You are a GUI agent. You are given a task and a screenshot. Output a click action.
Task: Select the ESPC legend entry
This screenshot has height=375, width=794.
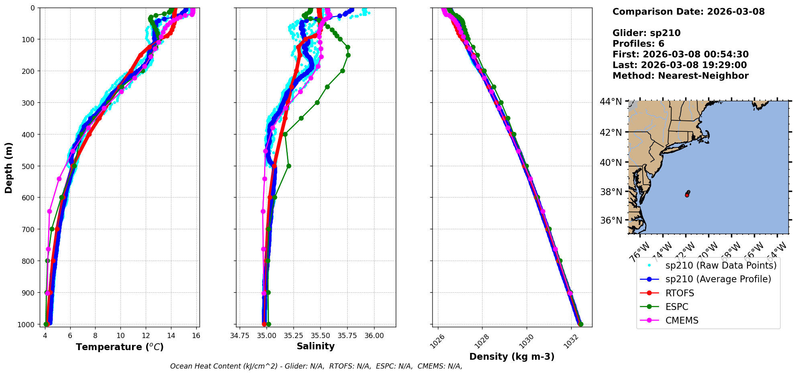676,307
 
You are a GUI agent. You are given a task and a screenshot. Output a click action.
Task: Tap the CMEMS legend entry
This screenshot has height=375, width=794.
682,320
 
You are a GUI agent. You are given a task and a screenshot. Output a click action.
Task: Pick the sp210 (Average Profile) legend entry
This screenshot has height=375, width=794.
718,279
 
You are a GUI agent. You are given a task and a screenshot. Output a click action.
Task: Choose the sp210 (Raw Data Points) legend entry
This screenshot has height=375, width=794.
721,265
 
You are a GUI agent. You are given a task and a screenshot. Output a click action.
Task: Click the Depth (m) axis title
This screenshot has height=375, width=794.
9,167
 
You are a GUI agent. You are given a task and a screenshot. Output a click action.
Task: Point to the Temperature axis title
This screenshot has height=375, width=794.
120,347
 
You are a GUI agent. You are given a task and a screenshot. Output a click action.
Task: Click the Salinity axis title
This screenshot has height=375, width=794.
316,346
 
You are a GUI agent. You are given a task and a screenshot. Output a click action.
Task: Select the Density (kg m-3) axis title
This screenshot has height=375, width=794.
512,357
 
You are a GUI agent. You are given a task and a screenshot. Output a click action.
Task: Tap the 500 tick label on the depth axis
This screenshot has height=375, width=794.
29,166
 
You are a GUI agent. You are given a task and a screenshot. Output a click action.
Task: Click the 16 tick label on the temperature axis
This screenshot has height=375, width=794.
196,336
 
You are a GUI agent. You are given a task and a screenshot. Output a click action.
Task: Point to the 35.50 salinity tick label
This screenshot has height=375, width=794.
320,336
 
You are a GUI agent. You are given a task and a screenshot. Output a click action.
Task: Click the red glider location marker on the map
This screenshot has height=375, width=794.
687,195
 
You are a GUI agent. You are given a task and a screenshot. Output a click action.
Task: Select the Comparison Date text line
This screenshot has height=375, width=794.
688,12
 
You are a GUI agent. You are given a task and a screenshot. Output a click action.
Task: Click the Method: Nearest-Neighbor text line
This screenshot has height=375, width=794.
680,76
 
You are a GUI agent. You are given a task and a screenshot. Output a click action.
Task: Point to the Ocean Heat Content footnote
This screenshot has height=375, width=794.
316,366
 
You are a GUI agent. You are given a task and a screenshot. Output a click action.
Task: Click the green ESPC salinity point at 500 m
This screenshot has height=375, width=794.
289,166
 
